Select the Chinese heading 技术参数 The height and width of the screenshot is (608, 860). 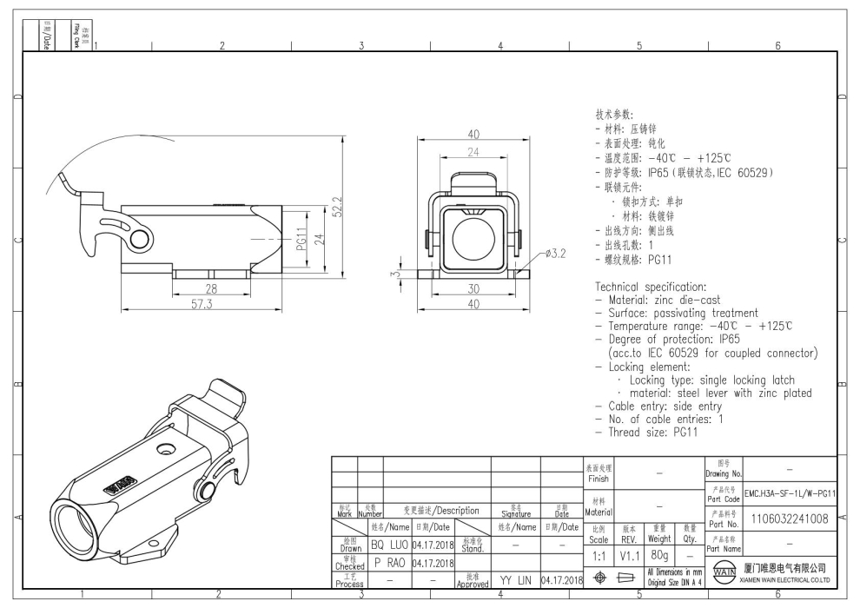tap(614, 115)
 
